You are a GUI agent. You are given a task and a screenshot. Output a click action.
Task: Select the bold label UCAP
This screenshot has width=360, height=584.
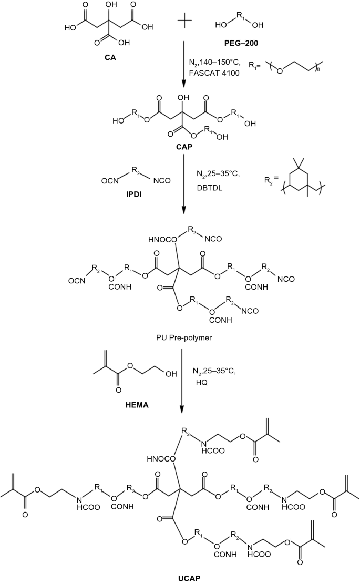[179, 576]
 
